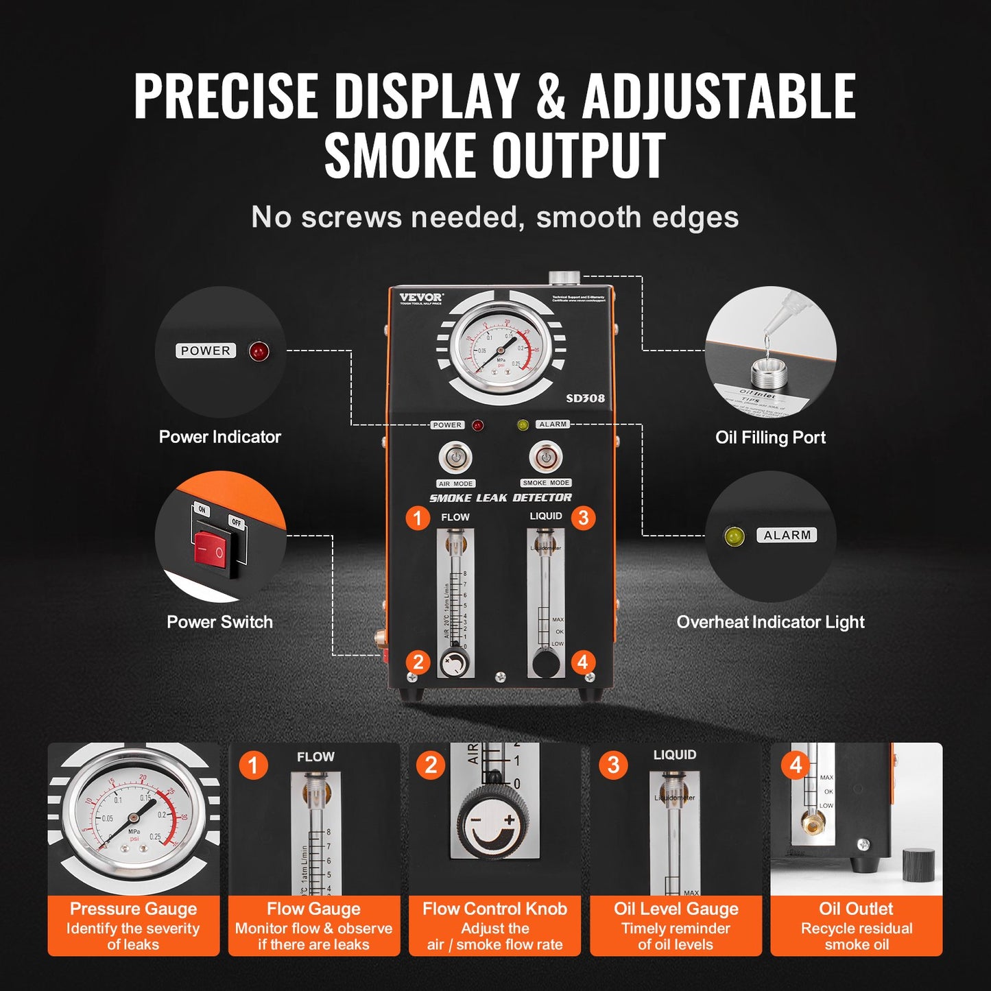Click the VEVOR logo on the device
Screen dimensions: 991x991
click(x=421, y=297)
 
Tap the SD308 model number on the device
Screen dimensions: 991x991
click(x=585, y=398)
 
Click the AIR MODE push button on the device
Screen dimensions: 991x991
click(x=455, y=457)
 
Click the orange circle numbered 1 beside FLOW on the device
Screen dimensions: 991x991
click(x=418, y=517)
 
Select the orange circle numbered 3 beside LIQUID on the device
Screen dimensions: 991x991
click(x=583, y=517)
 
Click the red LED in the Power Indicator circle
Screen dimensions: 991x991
click(x=259, y=351)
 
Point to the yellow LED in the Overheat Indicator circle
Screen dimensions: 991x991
click(x=735, y=536)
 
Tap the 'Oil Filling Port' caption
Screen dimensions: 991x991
click(x=770, y=438)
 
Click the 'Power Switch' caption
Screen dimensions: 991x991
click(x=219, y=622)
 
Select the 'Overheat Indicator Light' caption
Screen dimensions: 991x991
click(x=770, y=622)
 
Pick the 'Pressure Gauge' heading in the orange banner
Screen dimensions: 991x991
click(x=133, y=909)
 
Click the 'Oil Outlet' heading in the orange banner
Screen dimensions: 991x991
click(x=856, y=909)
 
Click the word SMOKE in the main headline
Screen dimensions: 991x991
click(x=400, y=155)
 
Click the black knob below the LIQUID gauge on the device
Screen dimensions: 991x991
click(x=546, y=664)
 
